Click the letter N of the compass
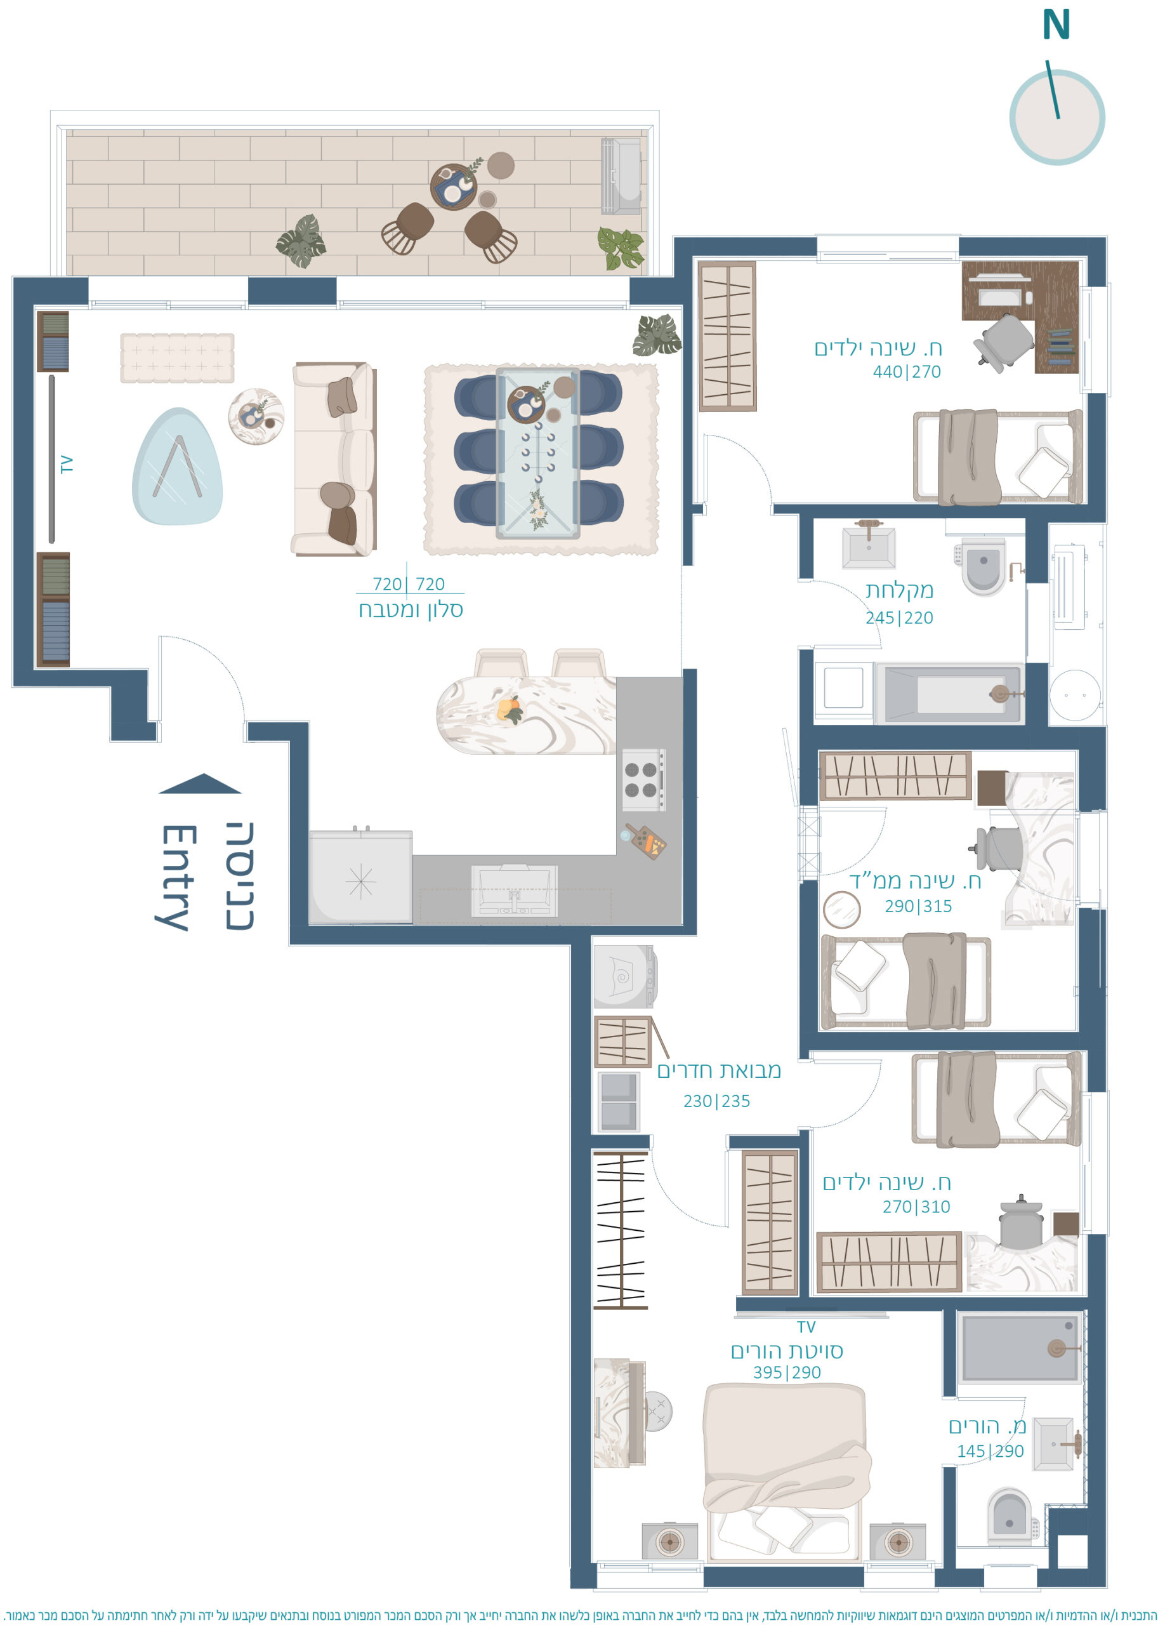pyautogui.click(x=1056, y=24)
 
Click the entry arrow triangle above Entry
pyautogui.click(x=200, y=783)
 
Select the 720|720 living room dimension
pyautogui.click(x=409, y=584)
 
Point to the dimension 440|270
pyautogui.click(x=906, y=371)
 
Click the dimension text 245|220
pyautogui.click(x=899, y=618)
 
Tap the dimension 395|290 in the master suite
pyautogui.click(x=787, y=1372)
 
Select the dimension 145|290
pyautogui.click(x=990, y=1450)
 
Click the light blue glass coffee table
pyautogui.click(x=178, y=467)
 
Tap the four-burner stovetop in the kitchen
pyautogui.click(x=643, y=779)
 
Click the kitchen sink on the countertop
pyautogui.click(x=514, y=892)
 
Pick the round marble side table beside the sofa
pyautogui.click(x=256, y=416)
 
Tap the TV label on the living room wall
pyautogui.click(x=67, y=465)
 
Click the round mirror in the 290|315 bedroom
pyautogui.click(x=841, y=910)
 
